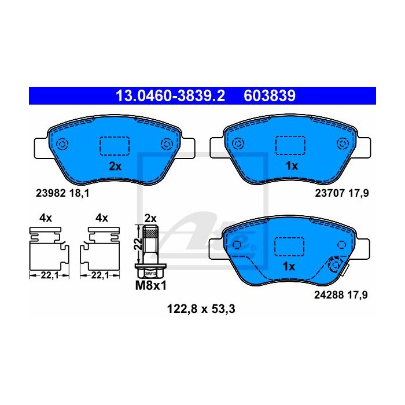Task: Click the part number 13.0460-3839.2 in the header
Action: pos(170,96)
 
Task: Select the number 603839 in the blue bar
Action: pos(270,96)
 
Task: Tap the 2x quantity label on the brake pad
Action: pos(115,167)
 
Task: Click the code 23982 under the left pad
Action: pos(51,193)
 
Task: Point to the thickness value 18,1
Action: pos(79,193)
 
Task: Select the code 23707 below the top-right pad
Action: pos(330,193)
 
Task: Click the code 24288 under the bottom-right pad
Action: pos(329,294)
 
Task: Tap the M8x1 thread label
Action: pos(151,286)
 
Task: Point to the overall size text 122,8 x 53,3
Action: pos(201,309)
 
